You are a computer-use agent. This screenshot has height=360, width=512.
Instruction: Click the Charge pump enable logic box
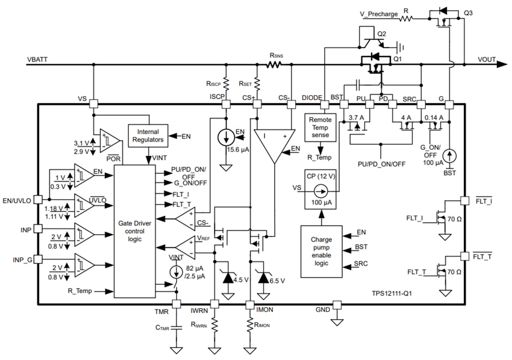pyautogui.click(x=321, y=252)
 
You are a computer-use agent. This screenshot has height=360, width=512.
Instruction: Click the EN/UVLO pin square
pyautogui.click(x=38, y=199)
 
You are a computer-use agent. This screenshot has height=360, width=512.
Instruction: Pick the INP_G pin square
pyautogui.click(x=38, y=259)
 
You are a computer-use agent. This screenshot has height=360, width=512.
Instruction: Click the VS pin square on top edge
pyautogui.click(x=93, y=104)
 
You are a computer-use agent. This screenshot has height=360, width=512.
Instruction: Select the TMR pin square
pyautogui.click(x=176, y=304)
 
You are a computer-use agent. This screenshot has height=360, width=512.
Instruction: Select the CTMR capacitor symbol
pyautogui.click(x=176, y=328)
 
